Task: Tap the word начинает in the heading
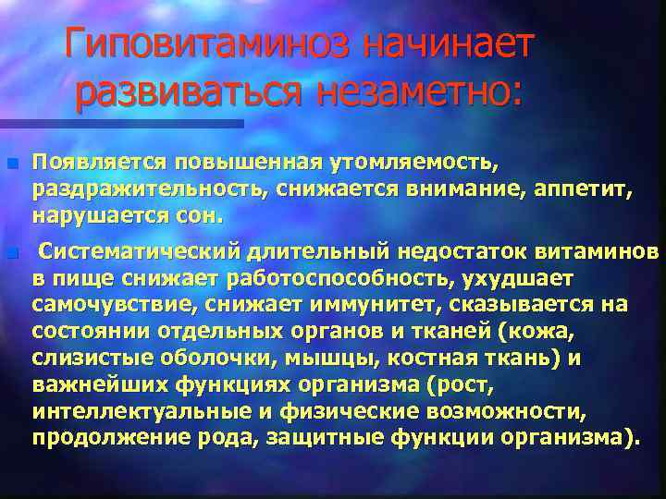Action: [445, 44]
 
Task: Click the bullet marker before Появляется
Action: [10, 164]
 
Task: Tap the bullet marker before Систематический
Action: [10, 252]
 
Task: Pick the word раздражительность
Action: [143, 190]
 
